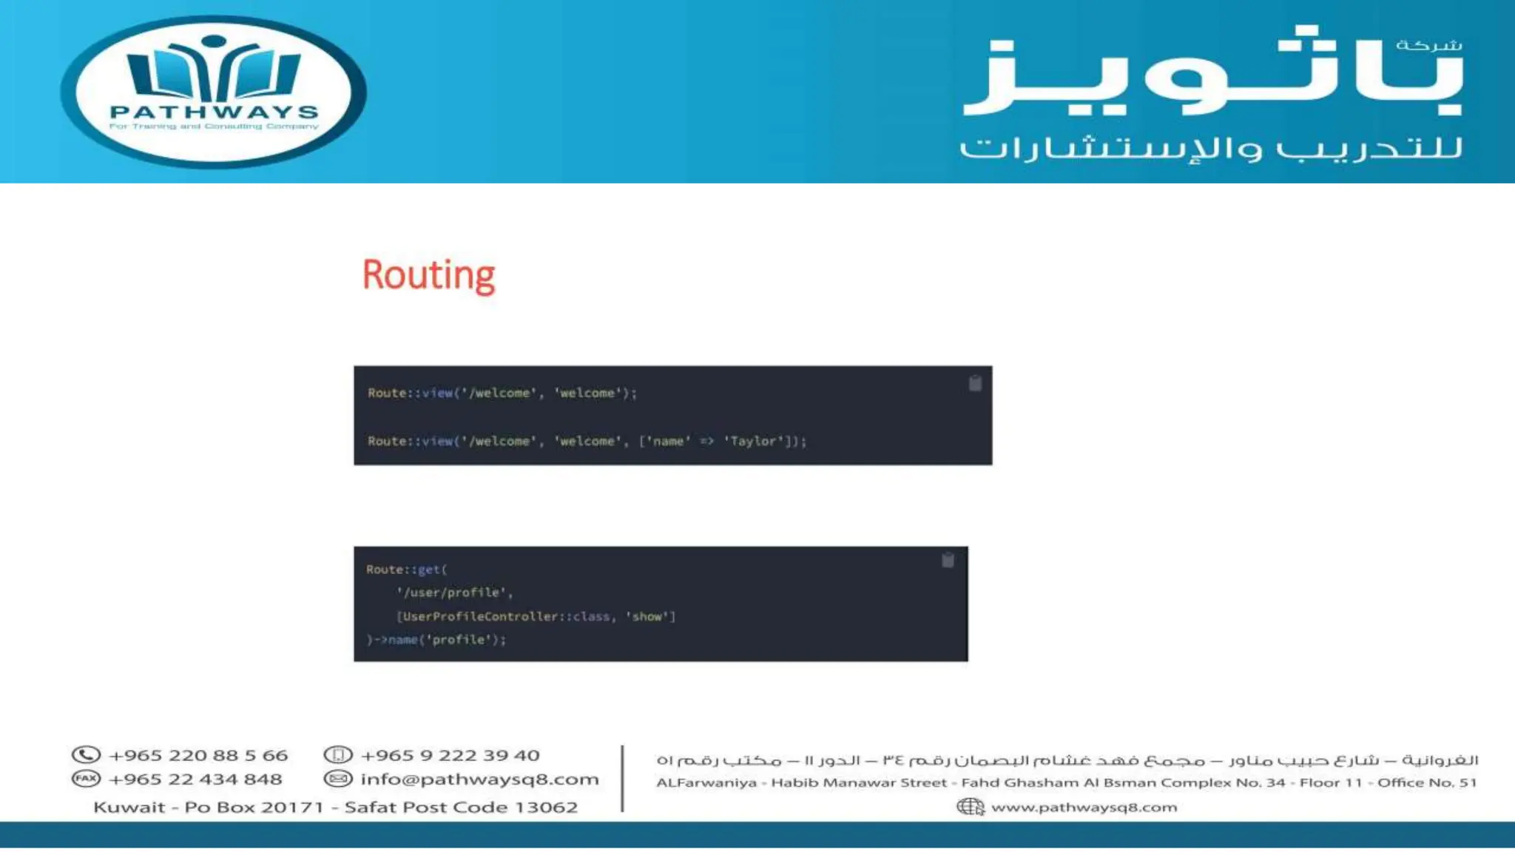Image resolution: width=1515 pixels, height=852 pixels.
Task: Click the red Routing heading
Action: point(428,275)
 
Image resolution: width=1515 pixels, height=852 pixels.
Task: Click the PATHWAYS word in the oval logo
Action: point(214,112)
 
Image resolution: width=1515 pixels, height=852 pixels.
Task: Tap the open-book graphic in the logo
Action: point(214,72)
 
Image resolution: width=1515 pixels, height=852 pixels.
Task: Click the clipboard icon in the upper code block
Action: point(975,383)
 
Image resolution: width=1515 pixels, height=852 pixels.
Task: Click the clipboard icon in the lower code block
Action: point(948,560)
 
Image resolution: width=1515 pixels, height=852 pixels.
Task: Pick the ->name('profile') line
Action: point(436,640)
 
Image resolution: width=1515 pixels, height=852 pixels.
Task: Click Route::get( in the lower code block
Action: point(406,569)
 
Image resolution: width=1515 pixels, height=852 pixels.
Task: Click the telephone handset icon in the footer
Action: point(86,755)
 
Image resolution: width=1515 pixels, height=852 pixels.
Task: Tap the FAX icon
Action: point(86,779)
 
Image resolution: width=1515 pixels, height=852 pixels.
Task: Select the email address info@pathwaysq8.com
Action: point(479,779)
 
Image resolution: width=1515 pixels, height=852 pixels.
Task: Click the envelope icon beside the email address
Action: point(338,779)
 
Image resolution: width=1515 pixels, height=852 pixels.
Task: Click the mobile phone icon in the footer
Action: point(338,755)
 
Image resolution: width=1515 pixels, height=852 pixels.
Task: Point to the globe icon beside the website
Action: point(970,807)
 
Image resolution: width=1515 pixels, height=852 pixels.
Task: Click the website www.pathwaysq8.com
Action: point(1084,807)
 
